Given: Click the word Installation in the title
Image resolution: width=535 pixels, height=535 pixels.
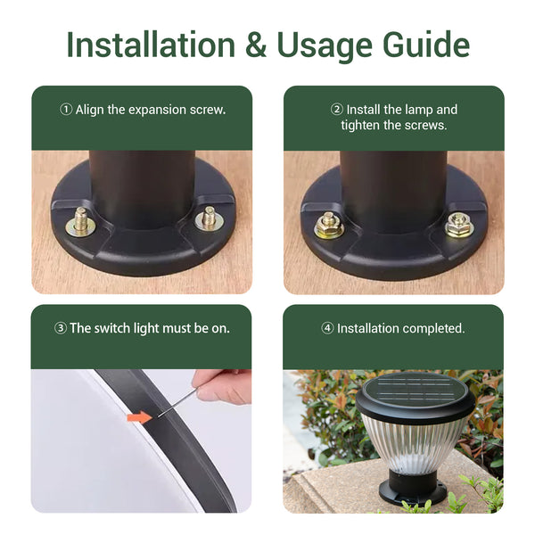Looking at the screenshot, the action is (x=151, y=45).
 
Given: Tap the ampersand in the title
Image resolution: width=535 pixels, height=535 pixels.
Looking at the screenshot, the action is (x=256, y=45).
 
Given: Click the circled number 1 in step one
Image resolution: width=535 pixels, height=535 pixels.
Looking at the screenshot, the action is (x=66, y=110).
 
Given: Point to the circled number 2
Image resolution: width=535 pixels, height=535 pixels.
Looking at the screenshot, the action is (x=337, y=110).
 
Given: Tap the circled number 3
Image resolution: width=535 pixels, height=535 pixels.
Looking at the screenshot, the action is (x=61, y=328).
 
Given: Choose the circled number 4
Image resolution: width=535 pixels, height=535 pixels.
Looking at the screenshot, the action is (x=327, y=328).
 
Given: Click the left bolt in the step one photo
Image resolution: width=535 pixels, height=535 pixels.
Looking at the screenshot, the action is (x=80, y=222).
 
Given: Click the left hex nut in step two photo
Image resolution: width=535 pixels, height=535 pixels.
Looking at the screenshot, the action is (x=328, y=226).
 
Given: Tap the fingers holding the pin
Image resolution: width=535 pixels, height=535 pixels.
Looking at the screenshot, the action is (x=222, y=387).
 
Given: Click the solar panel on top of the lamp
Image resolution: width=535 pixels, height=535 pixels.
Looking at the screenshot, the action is (x=415, y=389).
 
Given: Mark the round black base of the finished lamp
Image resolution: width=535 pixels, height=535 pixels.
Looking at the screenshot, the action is (x=413, y=487).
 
